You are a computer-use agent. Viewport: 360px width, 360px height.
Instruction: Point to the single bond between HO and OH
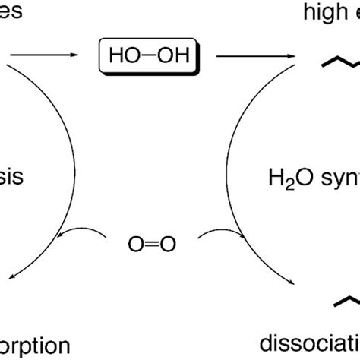click(146, 55)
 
